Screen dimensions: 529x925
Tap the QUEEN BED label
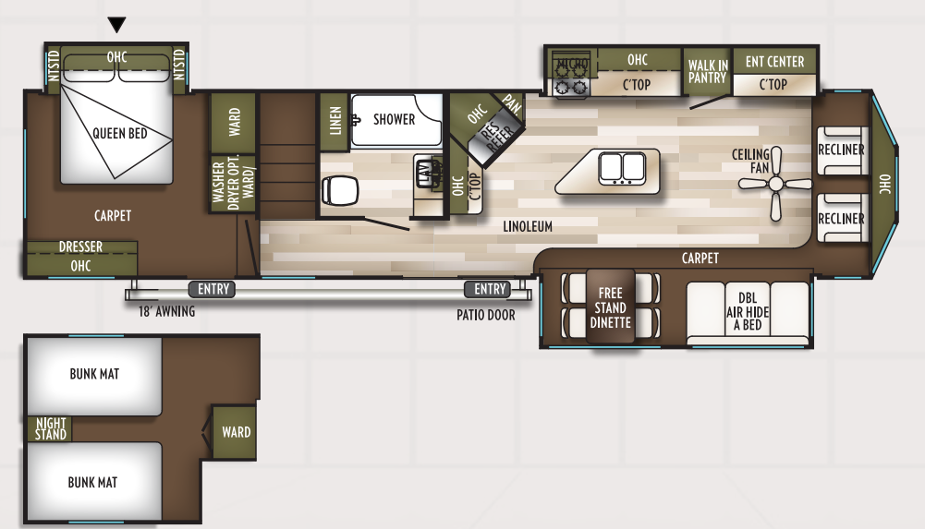pyautogui.click(x=120, y=134)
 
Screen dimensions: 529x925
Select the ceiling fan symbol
pyautogui.click(x=774, y=185)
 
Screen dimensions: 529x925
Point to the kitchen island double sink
pyautogui.click(x=621, y=167)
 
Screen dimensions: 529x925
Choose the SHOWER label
pyautogui.click(x=395, y=119)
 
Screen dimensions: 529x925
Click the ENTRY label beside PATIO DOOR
pyautogui.click(x=490, y=290)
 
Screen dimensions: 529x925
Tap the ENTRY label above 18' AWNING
pyautogui.click(x=213, y=290)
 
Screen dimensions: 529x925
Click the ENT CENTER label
pyautogui.click(x=774, y=62)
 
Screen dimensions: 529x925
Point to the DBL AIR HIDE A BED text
pyautogui.click(x=748, y=312)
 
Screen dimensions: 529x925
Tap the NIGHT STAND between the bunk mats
pyautogui.click(x=51, y=429)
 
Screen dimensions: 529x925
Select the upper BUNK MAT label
pyautogui.click(x=94, y=374)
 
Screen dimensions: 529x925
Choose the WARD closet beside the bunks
pyautogui.click(x=236, y=432)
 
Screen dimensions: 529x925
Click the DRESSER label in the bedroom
pyautogui.click(x=80, y=247)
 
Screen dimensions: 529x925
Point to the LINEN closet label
pyautogui.click(x=335, y=120)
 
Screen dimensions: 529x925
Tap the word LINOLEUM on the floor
pyautogui.click(x=528, y=226)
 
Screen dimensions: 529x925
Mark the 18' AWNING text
pyautogui.click(x=167, y=312)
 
